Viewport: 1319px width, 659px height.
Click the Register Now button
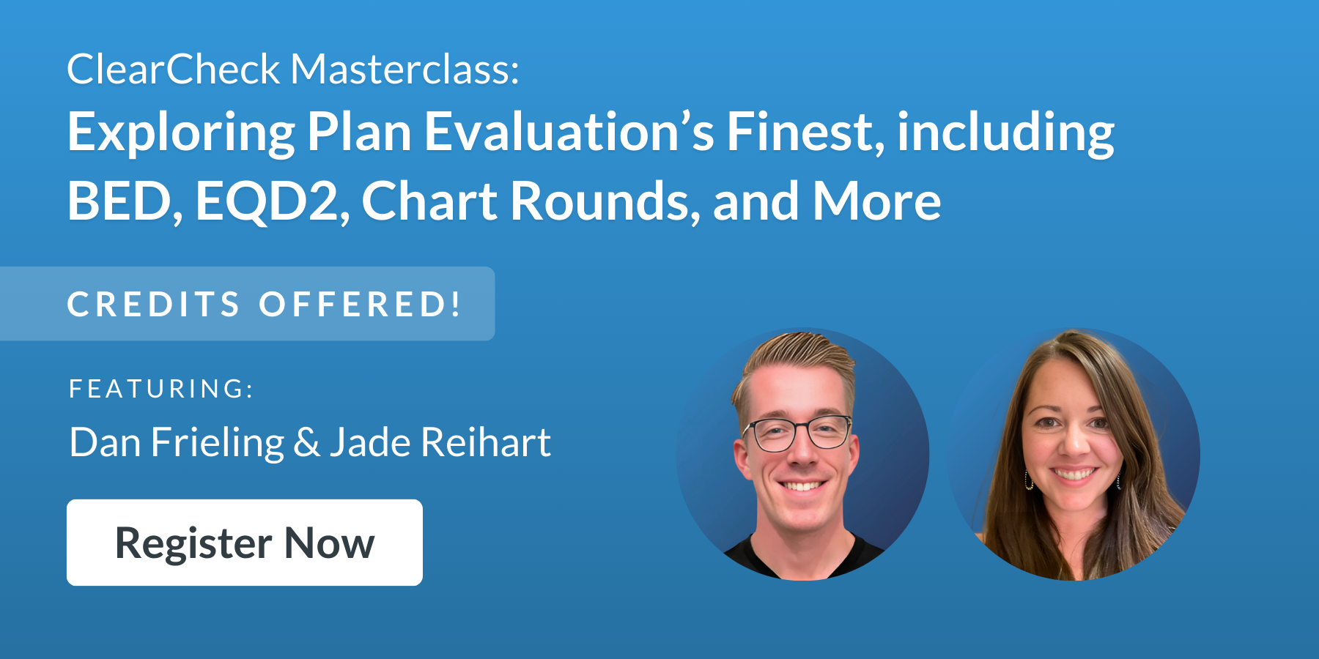(x=244, y=543)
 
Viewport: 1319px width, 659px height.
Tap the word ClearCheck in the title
(x=173, y=70)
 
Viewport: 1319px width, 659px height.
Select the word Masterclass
(x=404, y=70)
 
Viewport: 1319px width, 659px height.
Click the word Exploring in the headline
(x=181, y=133)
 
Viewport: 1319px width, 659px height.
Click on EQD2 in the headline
(x=268, y=201)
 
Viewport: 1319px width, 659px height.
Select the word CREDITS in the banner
(x=154, y=305)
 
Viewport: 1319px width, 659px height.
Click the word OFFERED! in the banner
(x=360, y=305)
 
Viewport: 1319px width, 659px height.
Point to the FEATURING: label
(x=161, y=389)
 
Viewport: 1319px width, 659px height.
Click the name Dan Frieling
(x=177, y=443)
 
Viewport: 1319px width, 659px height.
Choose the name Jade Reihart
(x=440, y=443)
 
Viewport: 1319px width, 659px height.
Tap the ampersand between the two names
(x=306, y=443)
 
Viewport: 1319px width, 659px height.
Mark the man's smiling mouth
(x=802, y=485)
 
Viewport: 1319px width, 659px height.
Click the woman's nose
(x=1073, y=444)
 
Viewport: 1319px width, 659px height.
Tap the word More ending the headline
(x=876, y=201)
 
